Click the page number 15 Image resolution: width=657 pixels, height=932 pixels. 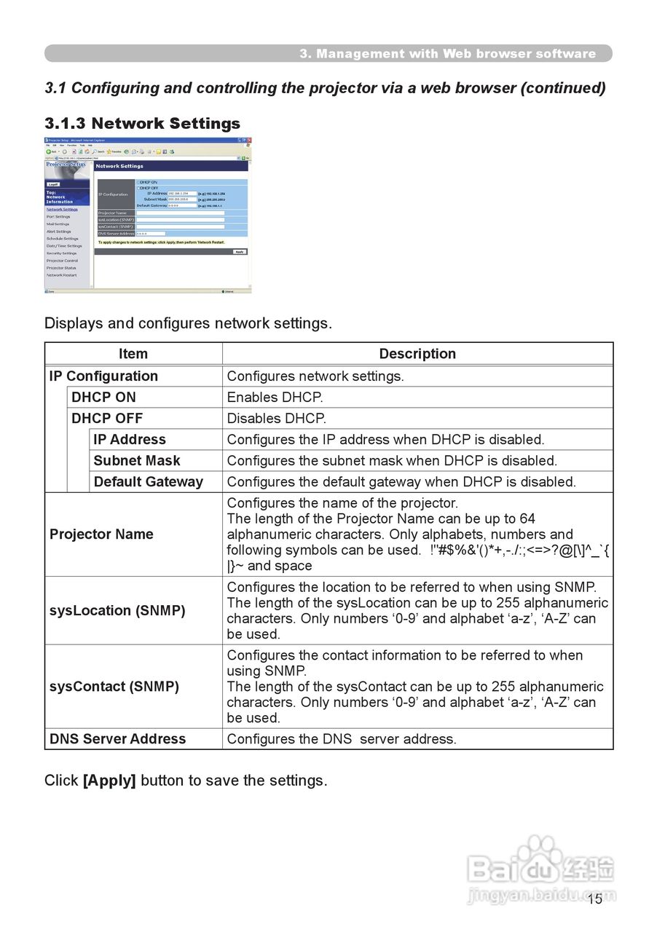(x=595, y=899)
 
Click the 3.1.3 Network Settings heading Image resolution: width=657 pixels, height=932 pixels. (x=142, y=123)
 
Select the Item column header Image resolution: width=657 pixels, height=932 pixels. (x=133, y=354)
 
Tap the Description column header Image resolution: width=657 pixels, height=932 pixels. (x=417, y=354)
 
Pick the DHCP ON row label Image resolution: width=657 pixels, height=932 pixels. (x=103, y=398)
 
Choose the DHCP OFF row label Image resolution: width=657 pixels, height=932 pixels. (x=107, y=419)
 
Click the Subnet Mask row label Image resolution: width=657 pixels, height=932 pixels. (x=137, y=461)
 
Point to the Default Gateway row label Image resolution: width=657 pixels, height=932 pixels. (x=149, y=482)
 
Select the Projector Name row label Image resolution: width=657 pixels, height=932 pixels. (x=101, y=534)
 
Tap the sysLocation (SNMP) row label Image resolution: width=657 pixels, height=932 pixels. (x=117, y=611)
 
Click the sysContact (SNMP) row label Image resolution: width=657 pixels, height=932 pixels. (x=114, y=687)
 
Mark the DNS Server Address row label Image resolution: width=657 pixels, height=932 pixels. (x=117, y=739)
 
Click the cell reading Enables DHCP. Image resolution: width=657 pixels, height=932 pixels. (x=275, y=398)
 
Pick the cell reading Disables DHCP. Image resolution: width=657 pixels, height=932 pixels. (x=277, y=419)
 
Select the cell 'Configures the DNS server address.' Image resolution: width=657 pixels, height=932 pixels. (x=342, y=739)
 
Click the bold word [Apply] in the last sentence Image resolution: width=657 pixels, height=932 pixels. (x=109, y=781)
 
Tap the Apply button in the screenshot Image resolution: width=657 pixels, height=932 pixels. (x=240, y=252)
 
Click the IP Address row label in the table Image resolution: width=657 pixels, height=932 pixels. (x=130, y=440)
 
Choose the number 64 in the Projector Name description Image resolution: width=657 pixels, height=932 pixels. (x=527, y=518)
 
